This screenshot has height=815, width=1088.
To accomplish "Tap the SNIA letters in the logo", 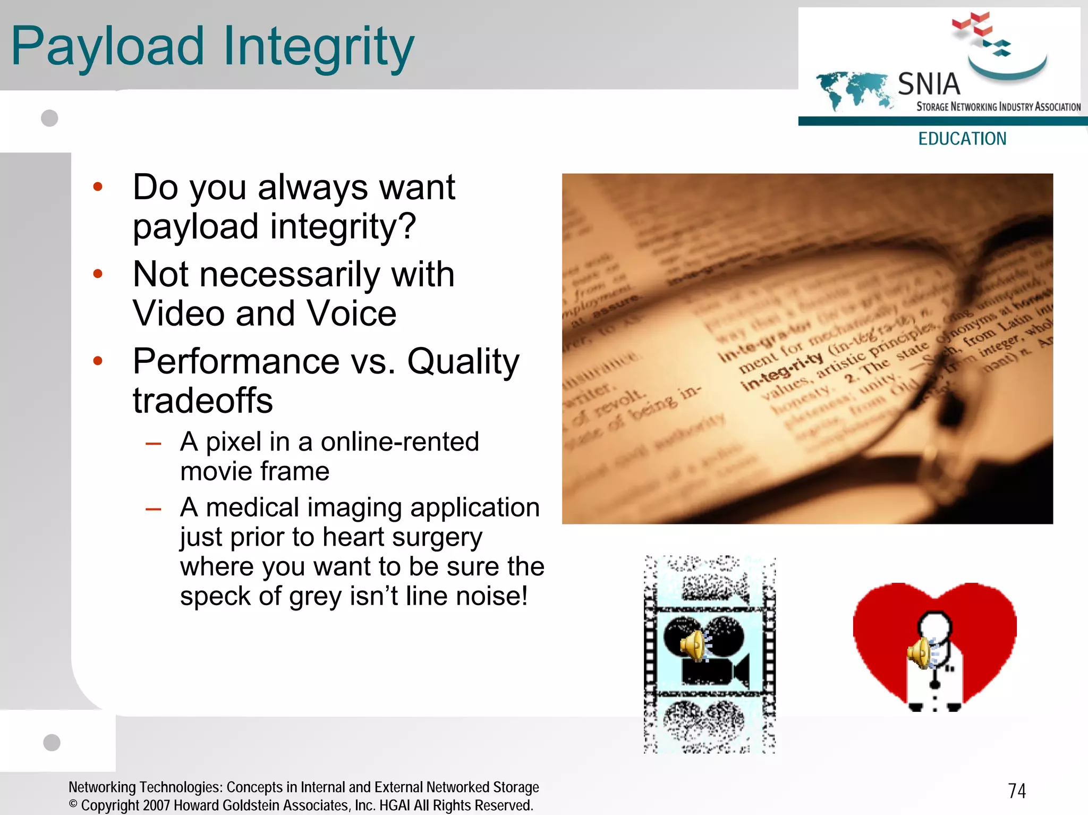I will click(x=929, y=84).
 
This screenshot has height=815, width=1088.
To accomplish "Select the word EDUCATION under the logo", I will click(x=962, y=139).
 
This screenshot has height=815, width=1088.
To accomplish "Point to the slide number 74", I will click(x=1017, y=791).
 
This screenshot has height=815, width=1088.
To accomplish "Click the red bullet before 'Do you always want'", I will click(x=98, y=186).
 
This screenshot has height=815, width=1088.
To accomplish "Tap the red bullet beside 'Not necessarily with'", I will click(x=98, y=274).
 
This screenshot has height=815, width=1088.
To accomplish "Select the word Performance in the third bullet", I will click(x=236, y=361).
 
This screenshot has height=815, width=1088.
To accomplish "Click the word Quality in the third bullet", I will click(x=463, y=361).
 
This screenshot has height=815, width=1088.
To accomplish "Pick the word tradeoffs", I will click(x=203, y=400).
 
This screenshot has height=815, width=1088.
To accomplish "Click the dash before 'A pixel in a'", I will click(x=154, y=443).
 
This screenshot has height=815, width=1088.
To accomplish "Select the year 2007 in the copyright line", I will click(x=156, y=805).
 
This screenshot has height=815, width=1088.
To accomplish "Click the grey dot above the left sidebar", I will click(x=49, y=118).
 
